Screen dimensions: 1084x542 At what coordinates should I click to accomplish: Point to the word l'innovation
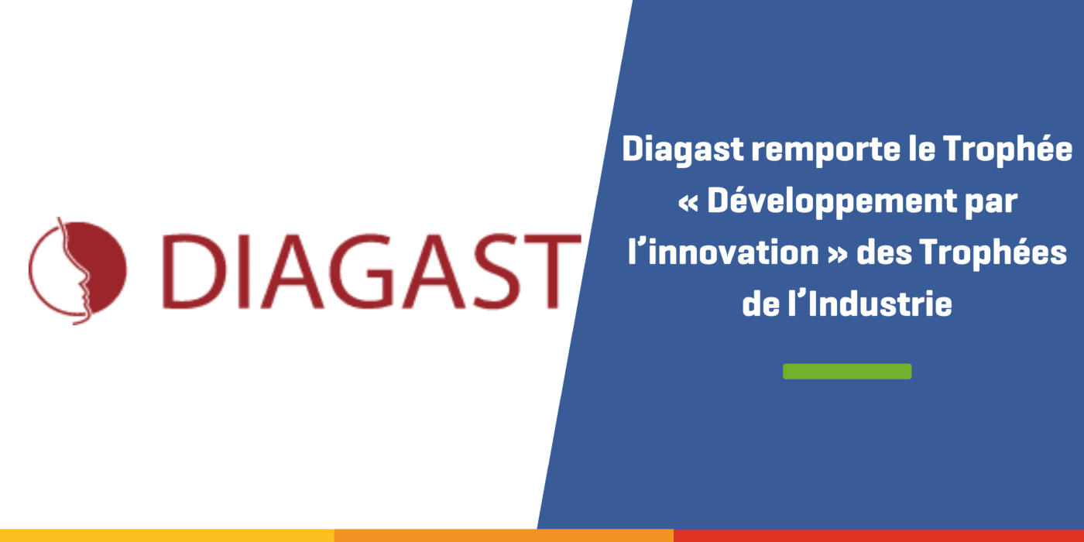[x=723, y=252]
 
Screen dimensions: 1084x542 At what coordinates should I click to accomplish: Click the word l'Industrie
[x=870, y=304]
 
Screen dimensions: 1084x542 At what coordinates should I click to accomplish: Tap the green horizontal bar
[x=847, y=371]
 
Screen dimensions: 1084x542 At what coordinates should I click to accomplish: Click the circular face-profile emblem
[x=77, y=270]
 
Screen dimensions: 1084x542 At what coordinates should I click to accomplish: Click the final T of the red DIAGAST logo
[x=553, y=271]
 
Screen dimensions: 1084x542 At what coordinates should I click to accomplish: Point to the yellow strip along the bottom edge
[x=167, y=536]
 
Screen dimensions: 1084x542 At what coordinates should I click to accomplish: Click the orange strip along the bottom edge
[x=504, y=536]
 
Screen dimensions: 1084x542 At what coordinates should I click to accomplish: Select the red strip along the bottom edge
[x=879, y=536]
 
